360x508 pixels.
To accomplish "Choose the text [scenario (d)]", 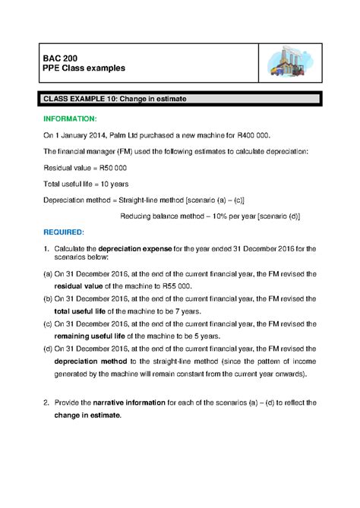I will (279, 215).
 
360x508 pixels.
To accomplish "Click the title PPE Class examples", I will (84, 69).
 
